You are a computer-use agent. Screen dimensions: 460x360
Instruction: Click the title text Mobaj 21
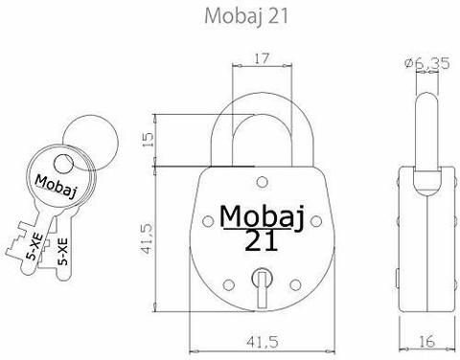(246, 15)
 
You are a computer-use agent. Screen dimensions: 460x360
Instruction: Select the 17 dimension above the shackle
(262, 58)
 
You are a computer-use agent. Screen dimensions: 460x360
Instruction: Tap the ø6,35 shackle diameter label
(426, 63)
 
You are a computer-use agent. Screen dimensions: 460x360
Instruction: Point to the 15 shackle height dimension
(148, 140)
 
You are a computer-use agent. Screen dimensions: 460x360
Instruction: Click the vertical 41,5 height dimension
(148, 238)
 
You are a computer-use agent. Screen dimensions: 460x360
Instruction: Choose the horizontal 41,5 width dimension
(263, 342)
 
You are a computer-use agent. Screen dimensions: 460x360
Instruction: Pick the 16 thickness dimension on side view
(426, 342)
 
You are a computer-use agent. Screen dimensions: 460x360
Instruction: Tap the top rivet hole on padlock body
(263, 182)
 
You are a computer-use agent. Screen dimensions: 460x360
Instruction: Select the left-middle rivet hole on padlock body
(208, 221)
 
